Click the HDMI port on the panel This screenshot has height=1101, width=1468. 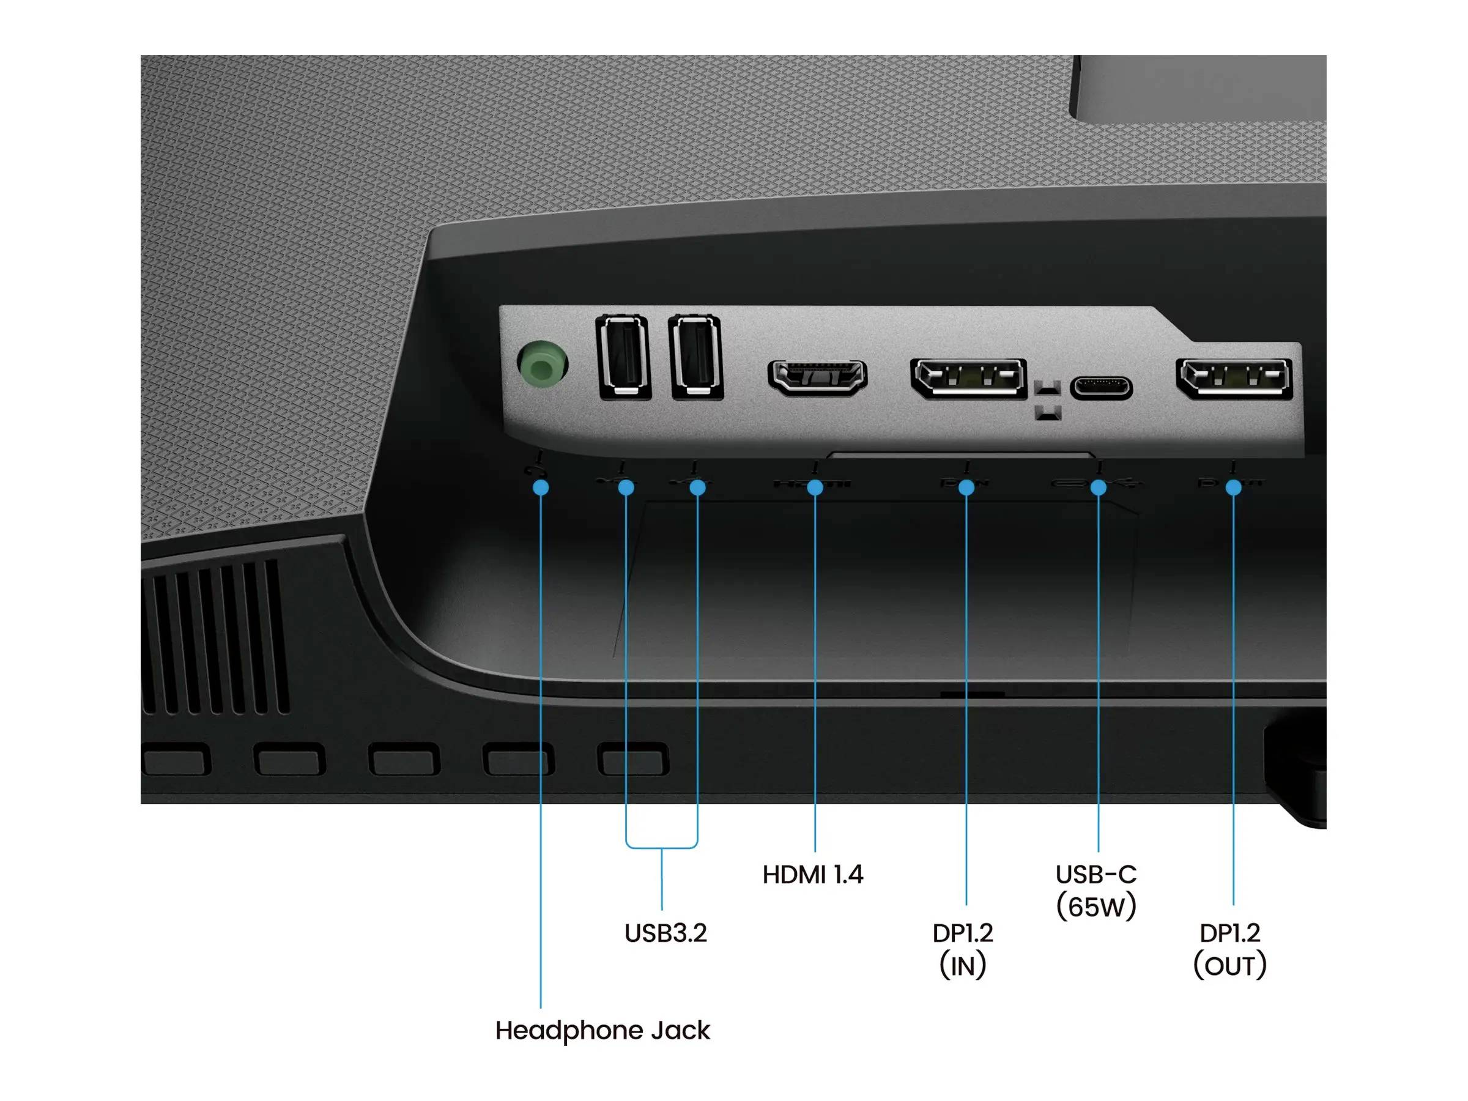click(817, 377)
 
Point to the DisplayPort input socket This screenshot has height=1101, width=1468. click(968, 378)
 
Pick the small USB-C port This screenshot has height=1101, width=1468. click(1101, 387)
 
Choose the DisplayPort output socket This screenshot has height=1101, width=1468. click(1234, 378)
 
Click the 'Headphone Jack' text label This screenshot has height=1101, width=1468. click(602, 1031)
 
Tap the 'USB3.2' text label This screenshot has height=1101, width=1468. click(665, 933)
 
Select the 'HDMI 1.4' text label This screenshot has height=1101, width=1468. click(813, 875)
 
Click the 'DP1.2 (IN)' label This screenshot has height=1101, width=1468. click(963, 949)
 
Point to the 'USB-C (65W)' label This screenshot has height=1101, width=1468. click(1096, 891)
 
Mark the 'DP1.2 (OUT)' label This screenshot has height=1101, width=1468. click(1229, 949)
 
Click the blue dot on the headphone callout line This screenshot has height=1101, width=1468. click(541, 487)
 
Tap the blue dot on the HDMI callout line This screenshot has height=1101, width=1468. click(815, 487)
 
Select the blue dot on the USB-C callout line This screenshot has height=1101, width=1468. click(1099, 487)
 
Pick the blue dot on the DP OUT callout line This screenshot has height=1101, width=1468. click(1233, 487)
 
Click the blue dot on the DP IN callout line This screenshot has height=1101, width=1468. click(966, 487)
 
